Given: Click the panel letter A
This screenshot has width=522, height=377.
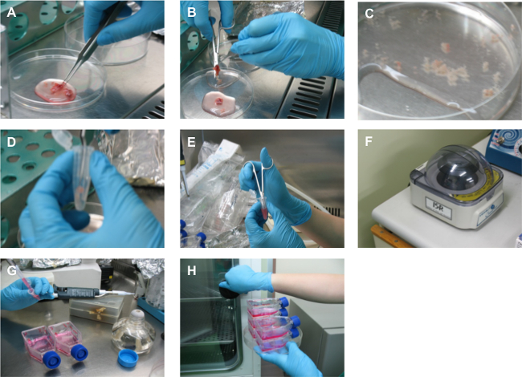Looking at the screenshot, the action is coord(11,13).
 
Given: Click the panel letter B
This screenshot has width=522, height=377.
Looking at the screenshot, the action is coord(191,13).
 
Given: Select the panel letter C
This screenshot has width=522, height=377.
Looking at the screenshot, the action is coord(369,14).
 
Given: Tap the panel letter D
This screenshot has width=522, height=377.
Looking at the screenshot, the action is coord(11,142).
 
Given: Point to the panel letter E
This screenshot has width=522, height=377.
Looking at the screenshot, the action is coord(191,142).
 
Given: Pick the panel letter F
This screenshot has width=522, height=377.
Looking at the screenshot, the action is coord(369,142).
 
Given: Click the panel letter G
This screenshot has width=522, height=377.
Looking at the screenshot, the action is coord(12,270).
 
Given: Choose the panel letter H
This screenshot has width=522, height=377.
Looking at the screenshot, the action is coord(192,270).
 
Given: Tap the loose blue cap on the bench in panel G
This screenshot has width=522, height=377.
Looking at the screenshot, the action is coord(128,358).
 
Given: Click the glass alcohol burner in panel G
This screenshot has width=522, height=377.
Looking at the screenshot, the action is coord(134,331).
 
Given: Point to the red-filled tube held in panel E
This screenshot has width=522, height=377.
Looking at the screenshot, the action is coord(264,208).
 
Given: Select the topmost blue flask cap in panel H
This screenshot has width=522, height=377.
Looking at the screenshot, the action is coord(284,302).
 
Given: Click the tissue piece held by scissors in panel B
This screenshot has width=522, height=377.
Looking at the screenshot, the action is coord(218,71).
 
